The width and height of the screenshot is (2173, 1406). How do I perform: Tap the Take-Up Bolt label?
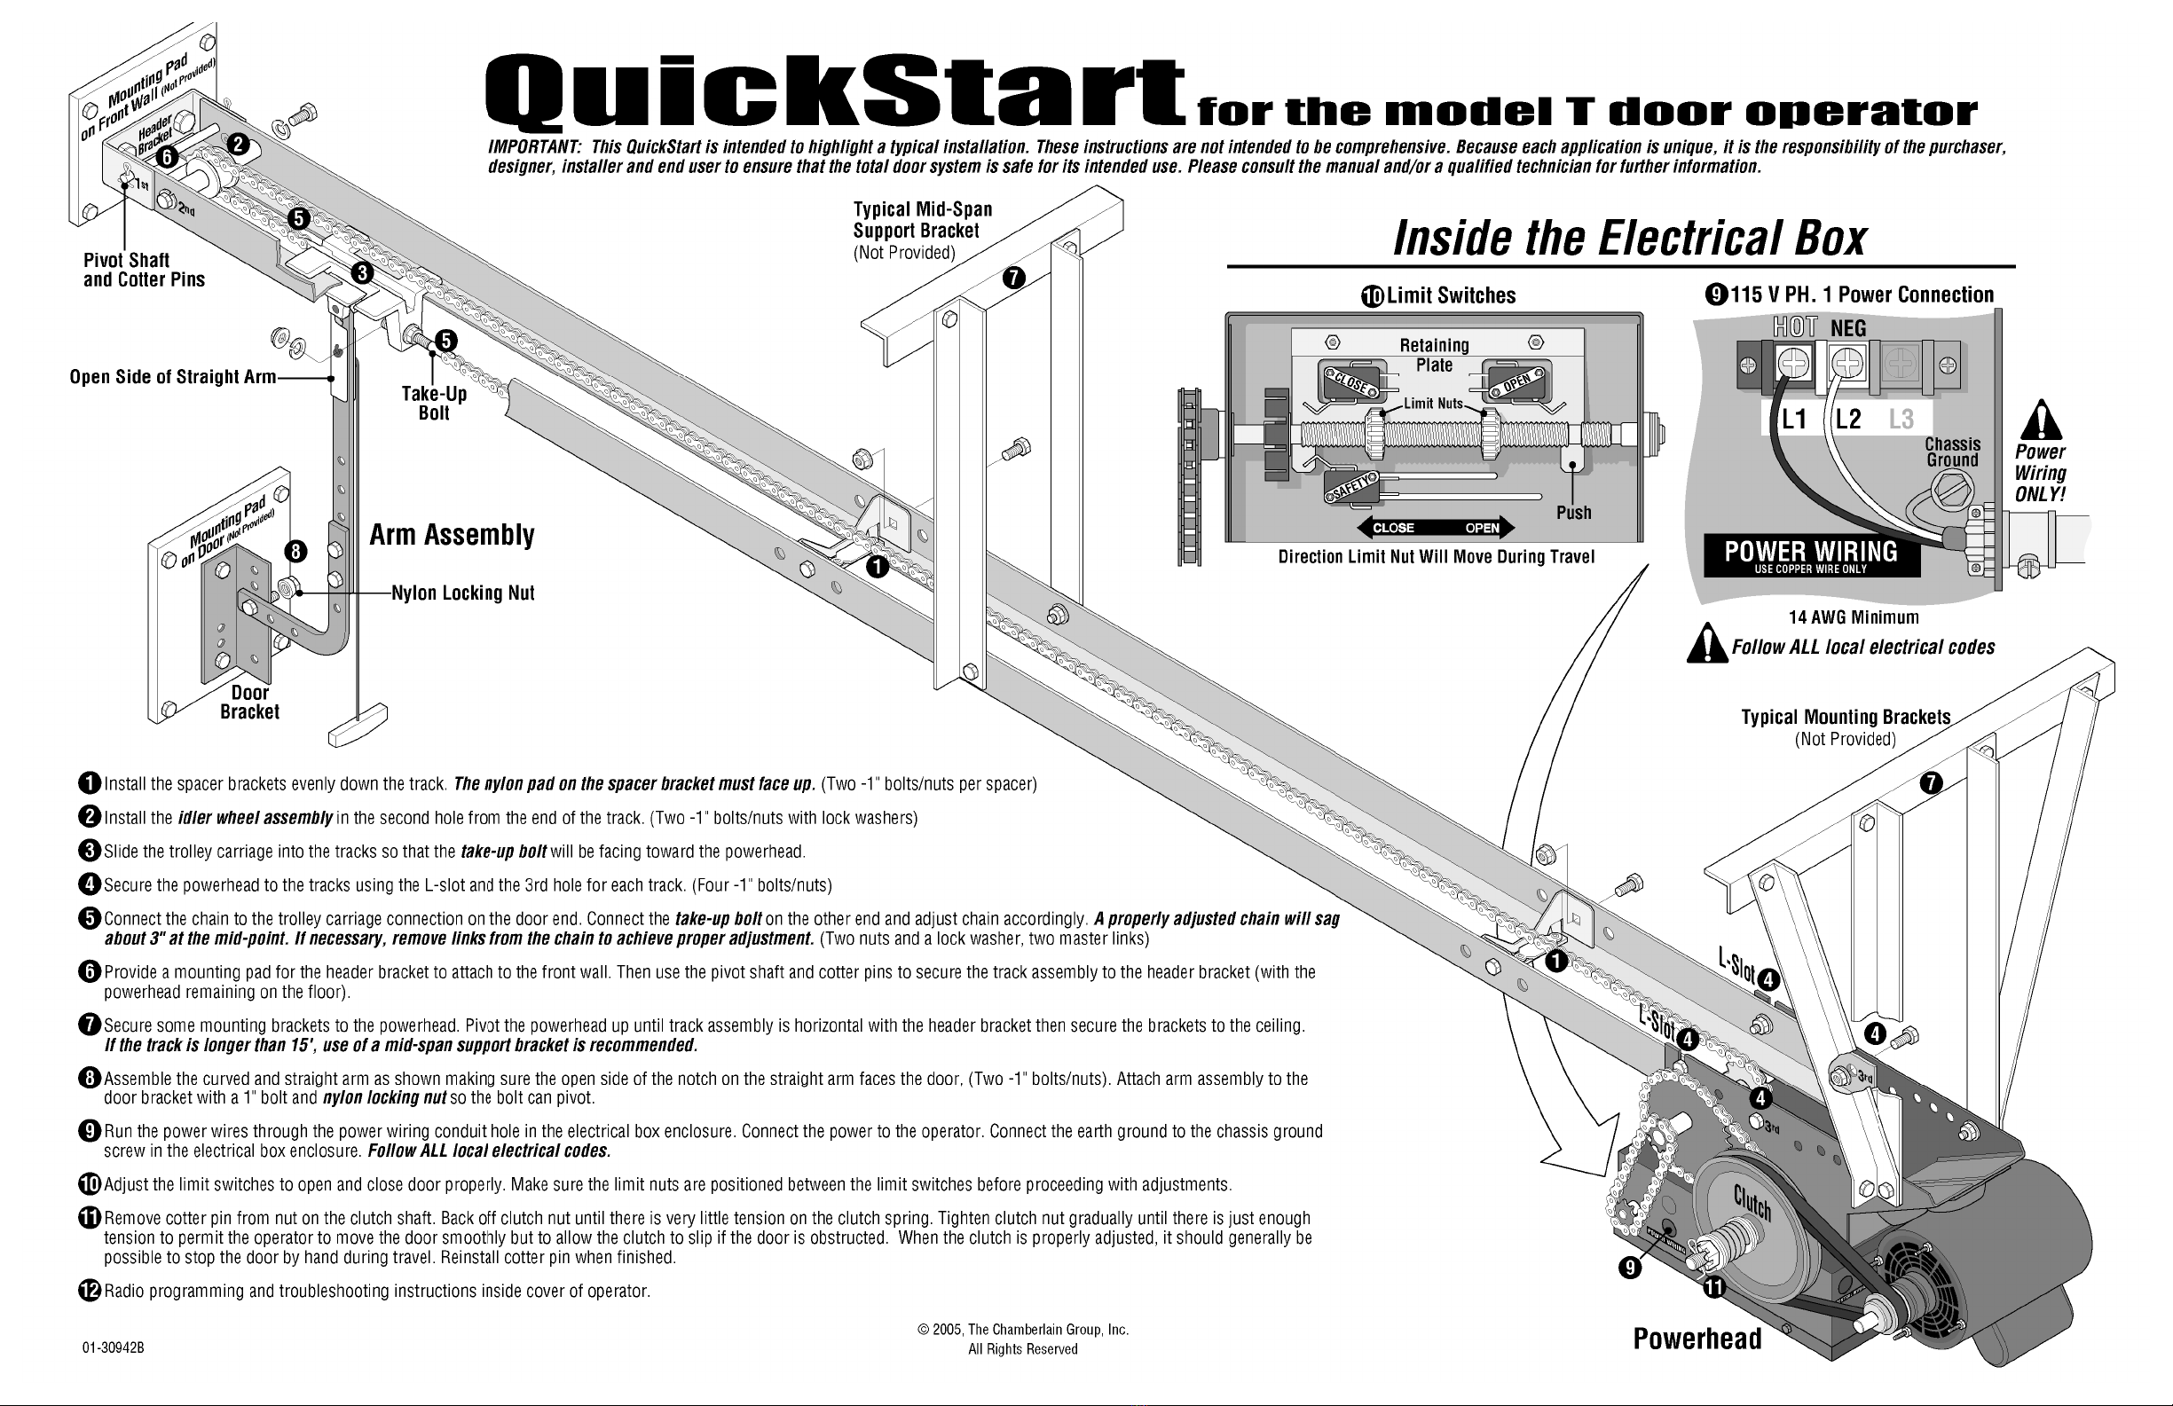coord(434,404)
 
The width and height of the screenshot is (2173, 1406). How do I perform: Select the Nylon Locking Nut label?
coord(463,593)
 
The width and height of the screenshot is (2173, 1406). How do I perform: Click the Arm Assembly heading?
coord(452,535)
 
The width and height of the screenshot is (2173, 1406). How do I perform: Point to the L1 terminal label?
coord(1794,419)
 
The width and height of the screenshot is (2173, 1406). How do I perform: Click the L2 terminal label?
coord(1848,419)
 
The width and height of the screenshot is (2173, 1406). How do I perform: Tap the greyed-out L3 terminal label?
coord(1901,419)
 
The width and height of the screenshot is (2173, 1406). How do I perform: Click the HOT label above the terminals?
coord(1794,326)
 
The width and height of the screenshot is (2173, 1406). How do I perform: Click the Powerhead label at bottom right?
coord(1697,1339)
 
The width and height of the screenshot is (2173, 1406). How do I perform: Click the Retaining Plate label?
coord(1435,354)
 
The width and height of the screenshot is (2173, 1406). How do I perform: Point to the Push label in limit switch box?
coord(1573,512)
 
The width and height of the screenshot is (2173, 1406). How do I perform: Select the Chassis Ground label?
coord(1952,452)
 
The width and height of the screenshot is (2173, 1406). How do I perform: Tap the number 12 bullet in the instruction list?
coord(89,1291)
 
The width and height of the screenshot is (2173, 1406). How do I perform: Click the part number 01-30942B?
coord(114,1347)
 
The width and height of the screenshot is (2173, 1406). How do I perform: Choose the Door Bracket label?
coord(249,702)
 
